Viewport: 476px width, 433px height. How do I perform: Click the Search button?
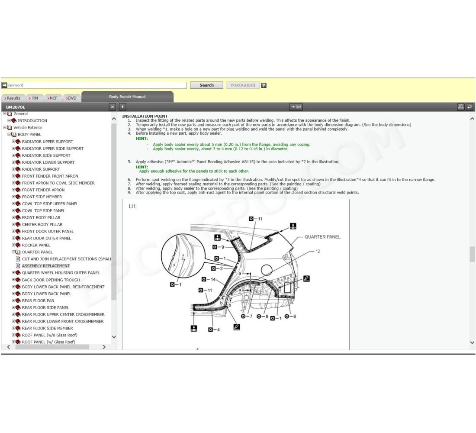pyautogui.click(x=206, y=85)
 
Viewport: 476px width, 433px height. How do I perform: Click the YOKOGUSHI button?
pyautogui.click(x=243, y=85)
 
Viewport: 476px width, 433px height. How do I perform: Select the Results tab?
pyautogui.click(x=13, y=98)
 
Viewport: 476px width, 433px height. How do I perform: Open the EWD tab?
pyautogui.click(x=71, y=98)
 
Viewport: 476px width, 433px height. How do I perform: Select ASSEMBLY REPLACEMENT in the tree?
pyautogui.click(x=45, y=266)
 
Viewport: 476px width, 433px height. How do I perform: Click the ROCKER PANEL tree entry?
pyautogui.click(x=36, y=245)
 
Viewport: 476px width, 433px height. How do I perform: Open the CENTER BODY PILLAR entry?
pyautogui.click(x=42, y=224)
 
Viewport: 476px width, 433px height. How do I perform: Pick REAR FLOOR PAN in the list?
pyautogui.click(x=38, y=301)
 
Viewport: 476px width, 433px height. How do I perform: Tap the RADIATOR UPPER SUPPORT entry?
pyautogui.click(x=47, y=142)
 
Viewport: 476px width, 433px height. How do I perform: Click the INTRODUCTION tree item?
pyautogui.click(x=32, y=121)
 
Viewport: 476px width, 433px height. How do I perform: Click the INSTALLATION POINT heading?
pyautogui.click(x=145, y=116)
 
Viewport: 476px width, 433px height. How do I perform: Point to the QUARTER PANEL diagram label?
pyautogui.click(x=322, y=237)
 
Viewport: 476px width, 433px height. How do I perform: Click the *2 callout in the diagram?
pyautogui.click(x=318, y=251)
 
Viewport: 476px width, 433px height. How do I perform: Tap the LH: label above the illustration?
pyautogui.click(x=132, y=206)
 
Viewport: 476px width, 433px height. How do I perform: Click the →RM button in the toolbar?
pyautogui.click(x=296, y=107)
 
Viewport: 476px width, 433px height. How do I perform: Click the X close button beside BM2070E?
pyautogui.click(x=113, y=107)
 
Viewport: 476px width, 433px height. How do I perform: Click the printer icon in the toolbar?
pyautogui.click(x=461, y=107)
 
